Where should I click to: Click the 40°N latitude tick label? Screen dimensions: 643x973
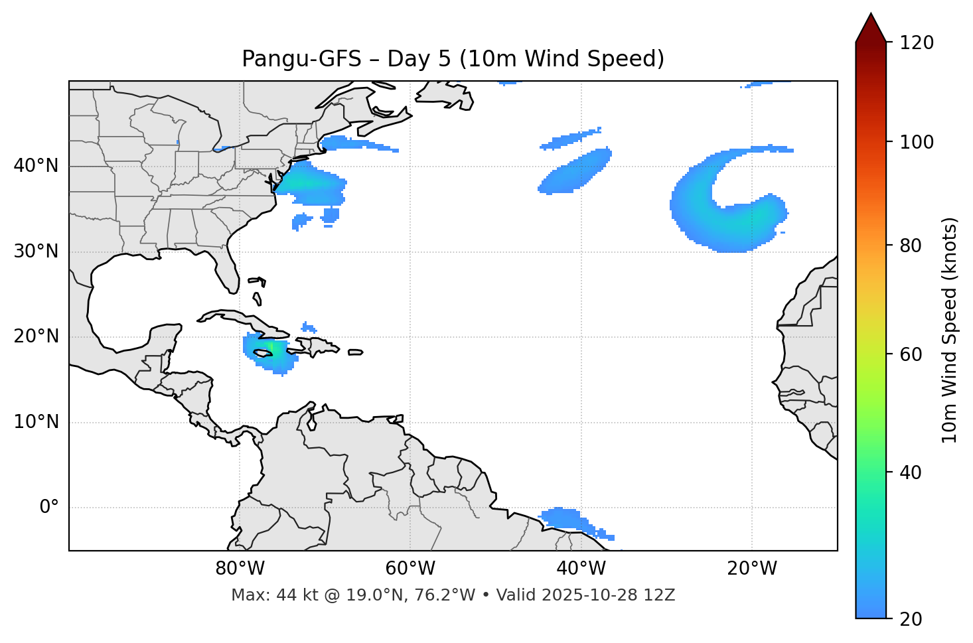click(x=36, y=166)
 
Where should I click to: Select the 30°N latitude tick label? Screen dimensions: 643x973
click(x=36, y=251)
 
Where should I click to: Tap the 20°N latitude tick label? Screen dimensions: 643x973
click(x=36, y=336)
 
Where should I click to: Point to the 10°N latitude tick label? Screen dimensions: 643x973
click(x=36, y=422)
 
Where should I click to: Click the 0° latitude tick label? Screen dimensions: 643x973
click(x=49, y=508)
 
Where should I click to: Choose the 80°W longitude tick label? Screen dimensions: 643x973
click(x=240, y=569)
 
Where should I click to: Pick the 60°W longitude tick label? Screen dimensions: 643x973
click(x=410, y=569)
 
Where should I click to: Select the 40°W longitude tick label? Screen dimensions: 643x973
click(x=581, y=569)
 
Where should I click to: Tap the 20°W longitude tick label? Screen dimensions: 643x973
click(x=751, y=569)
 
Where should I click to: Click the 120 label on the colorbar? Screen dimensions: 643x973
click(x=916, y=42)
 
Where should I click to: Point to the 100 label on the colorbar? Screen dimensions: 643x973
click(x=916, y=142)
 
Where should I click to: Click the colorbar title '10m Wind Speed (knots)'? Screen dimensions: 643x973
click(x=950, y=330)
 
